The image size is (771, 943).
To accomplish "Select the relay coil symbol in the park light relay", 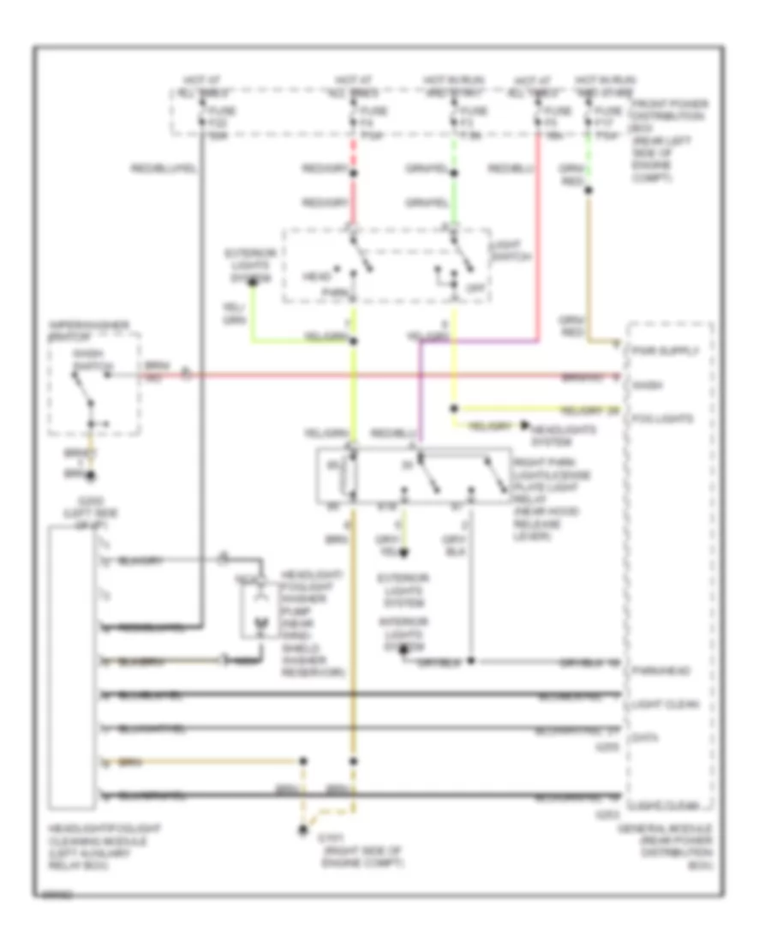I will pos(349,476).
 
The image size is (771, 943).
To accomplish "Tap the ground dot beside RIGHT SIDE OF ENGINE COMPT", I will pos(302,829).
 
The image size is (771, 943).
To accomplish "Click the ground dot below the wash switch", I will pos(88,473).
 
